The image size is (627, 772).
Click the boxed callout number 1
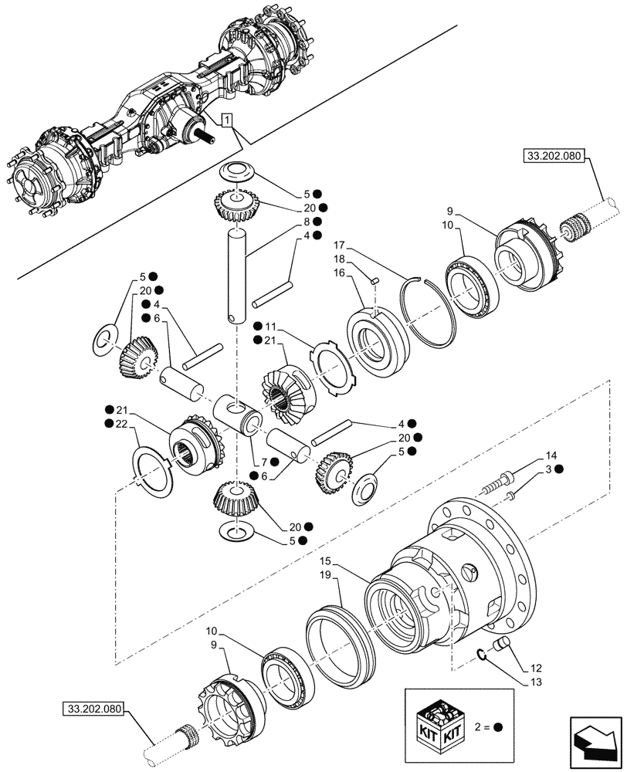click(x=226, y=120)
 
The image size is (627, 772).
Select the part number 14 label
click(x=551, y=455)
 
